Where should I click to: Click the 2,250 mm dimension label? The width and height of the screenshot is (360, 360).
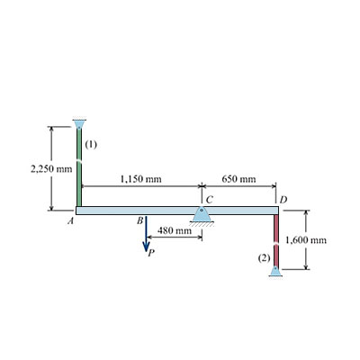click(51, 169)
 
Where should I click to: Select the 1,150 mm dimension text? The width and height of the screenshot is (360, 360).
click(140, 179)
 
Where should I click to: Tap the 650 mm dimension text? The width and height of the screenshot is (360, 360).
click(239, 179)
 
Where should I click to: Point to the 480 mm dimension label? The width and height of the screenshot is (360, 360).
click(175, 230)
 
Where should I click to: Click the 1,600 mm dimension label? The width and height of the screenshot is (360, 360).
click(306, 240)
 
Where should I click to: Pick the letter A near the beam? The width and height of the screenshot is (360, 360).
click(71, 221)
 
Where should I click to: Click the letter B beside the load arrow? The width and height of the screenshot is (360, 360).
click(139, 221)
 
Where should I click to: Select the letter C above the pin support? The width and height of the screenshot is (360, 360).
click(210, 199)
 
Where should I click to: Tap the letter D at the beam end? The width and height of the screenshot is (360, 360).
click(283, 199)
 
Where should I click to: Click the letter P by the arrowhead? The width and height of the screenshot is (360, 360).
click(151, 254)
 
